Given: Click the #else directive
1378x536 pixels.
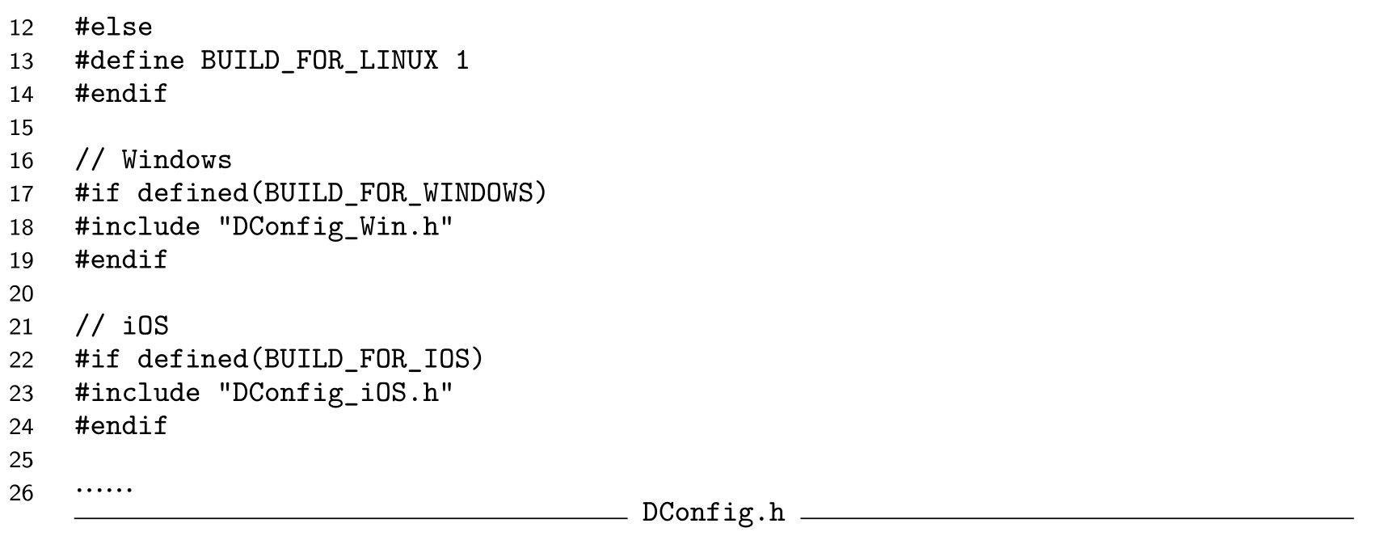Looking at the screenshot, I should pos(113,27).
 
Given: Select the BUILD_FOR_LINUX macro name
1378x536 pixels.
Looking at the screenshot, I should pos(319,61).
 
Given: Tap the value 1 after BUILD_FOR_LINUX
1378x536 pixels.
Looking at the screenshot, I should pos(462,61).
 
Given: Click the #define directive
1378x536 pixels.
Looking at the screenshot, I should pos(129,61).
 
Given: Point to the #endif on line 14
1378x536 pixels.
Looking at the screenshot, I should pos(121,94).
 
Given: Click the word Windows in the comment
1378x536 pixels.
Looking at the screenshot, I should pos(177,160).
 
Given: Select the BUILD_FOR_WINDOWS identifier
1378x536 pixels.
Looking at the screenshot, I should pos(398,193).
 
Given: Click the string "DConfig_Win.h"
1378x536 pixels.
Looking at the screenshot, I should pos(335,226).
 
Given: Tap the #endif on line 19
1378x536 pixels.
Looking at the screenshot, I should pos(121,260).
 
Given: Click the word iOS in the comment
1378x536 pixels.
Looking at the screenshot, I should pos(145,326).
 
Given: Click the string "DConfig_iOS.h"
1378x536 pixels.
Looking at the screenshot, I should pos(335,393).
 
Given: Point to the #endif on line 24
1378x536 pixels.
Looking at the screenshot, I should pos(121,426).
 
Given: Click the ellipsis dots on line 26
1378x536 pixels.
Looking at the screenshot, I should pos(104,489).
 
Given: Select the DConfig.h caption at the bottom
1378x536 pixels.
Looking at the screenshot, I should pos(713,513).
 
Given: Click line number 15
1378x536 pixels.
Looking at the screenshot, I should pos(22,128).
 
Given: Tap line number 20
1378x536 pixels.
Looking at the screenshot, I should pos(22,293).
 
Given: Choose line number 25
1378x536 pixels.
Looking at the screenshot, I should pos(22,460).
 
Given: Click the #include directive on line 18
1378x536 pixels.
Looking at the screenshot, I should pos(137,226).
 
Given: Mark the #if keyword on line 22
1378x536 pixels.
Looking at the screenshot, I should pos(98,359).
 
